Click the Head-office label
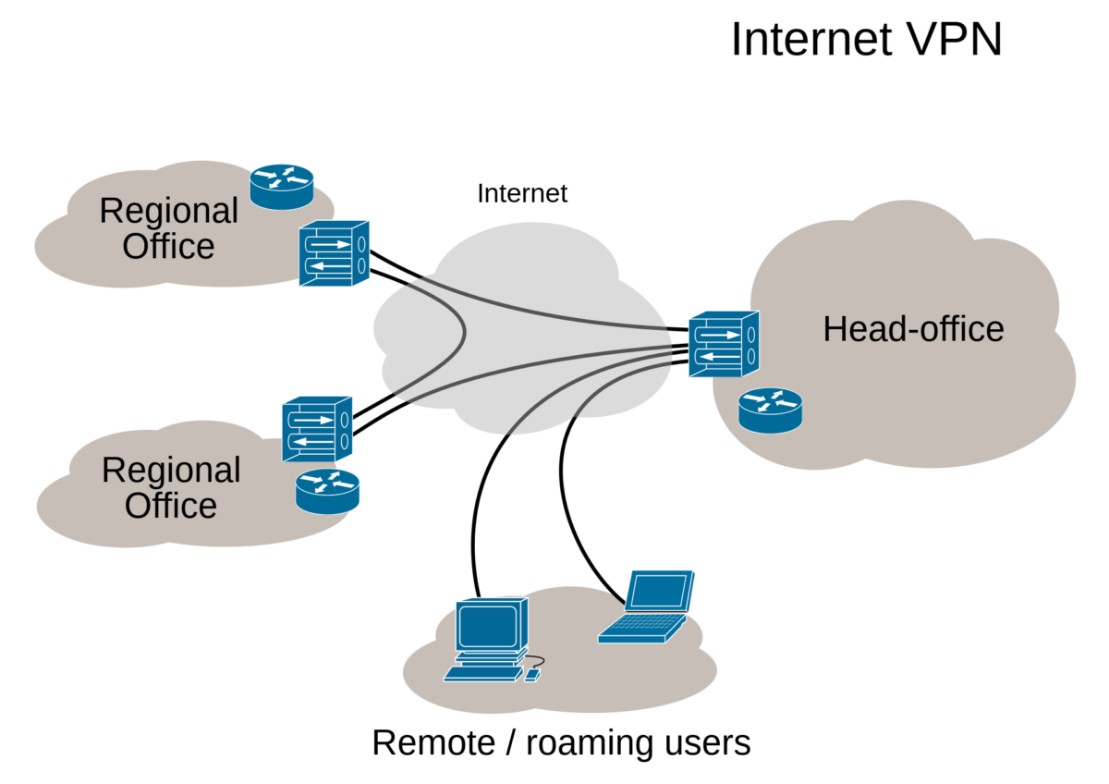(x=913, y=329)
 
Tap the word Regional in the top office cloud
(x=168, y=211)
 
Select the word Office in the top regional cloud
(x=168, y=247)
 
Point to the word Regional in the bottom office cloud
(x=170, y=470)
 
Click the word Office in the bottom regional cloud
(x=171, y=506)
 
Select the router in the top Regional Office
(x=282, y=186)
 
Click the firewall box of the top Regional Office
(x=333, y=253)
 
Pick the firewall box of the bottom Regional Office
(x=317, y=428)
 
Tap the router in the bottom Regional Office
(x=327, y=490)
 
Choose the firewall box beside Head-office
(x=723, y=344)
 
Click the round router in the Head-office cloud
(x=770, y=410)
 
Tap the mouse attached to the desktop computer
(x=531, y=676)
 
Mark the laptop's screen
(x=659, y=592)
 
